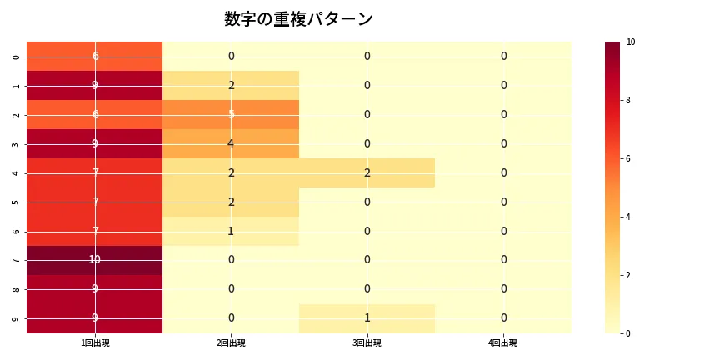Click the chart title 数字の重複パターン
(x=298, y=19)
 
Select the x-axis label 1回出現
(x=95, y=343)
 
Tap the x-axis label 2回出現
(x=231, y=343)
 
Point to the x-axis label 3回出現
(x=367, y=343)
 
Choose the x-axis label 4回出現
(x=503, y=343)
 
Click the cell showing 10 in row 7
(x=95, y=260)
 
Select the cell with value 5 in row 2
(x=231, y=114)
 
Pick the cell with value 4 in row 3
(x=231, y=143)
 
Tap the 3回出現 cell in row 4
(x=367, y=172)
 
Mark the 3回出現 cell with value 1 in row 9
(x=367, y=318)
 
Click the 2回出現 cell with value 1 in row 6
(x=231, y=231)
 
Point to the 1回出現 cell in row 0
(x=95, y=56)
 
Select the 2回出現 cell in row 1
(x=231, y=85)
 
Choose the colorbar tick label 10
(x=631, y=42)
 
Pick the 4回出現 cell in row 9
(x=503, y=318)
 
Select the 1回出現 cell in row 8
(x=95, y=289)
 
